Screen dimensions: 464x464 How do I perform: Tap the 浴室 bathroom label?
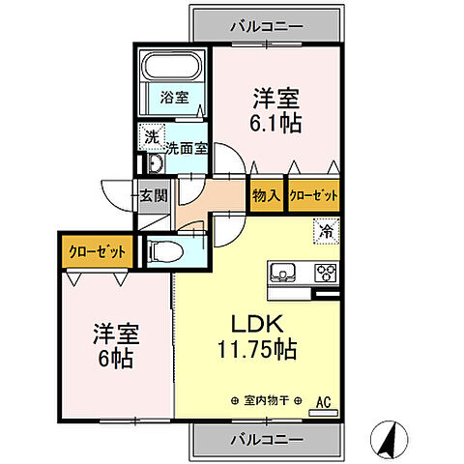point(175,97)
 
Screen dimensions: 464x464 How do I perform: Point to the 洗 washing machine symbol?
point(150,136)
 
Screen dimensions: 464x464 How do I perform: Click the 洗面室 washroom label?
point(185,149)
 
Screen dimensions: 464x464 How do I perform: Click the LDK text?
point(248,323)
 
